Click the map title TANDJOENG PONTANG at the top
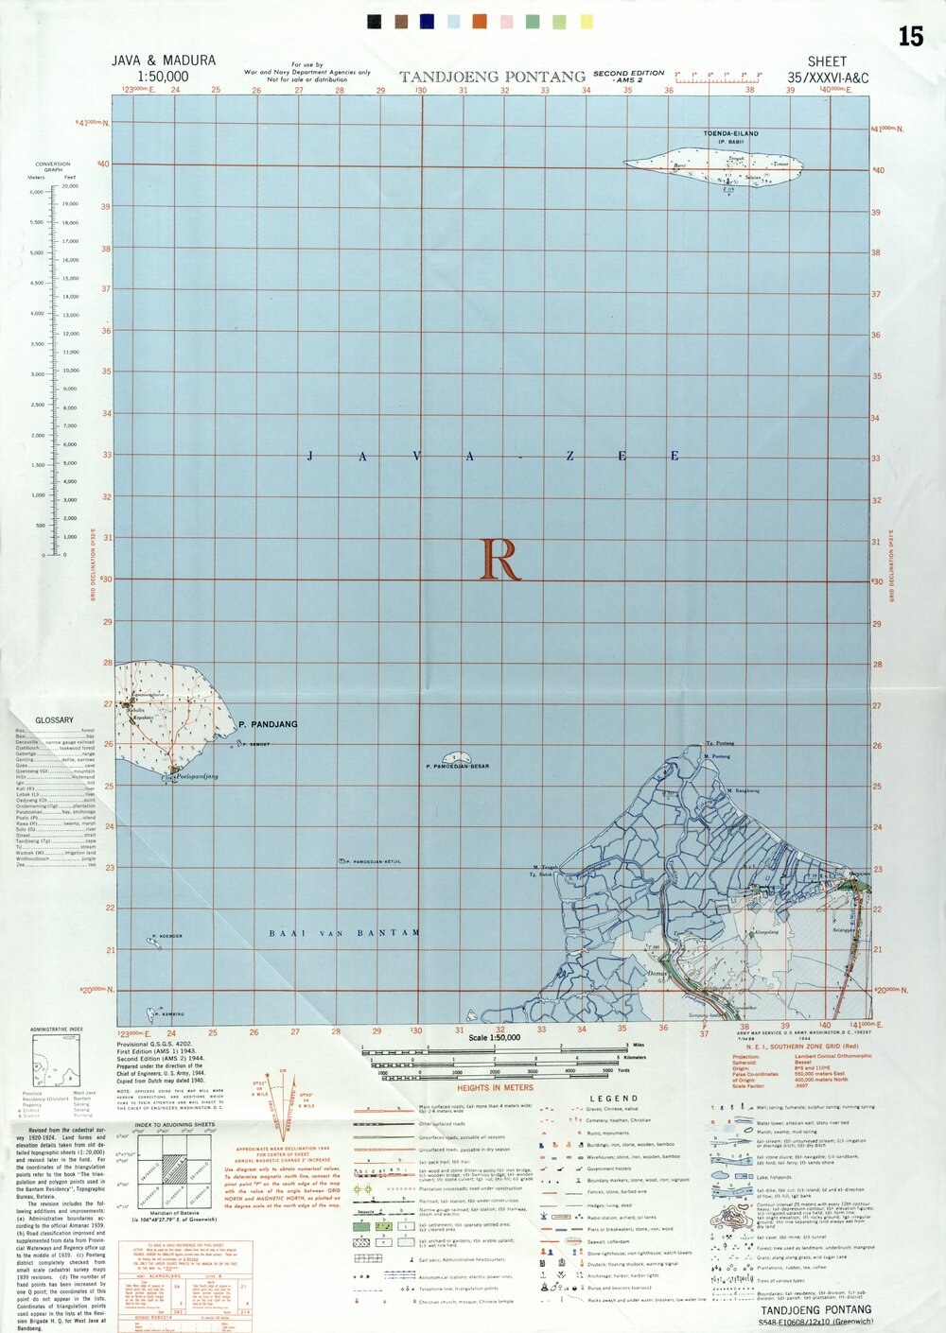click(x=492, y=77)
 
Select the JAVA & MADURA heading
click(x=164, y=61)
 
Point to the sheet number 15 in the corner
click(x=910, y=37)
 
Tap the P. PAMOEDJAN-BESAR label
click(x=458, y=766)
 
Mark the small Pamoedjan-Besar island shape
click(x=459, y=756)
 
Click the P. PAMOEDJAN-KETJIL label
click(x=373, y=862)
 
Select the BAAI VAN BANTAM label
click(x=344, y=933)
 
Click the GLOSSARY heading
click(x=54, y=720)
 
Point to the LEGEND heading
click(x=613, y=1099)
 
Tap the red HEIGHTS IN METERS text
click(x=495, y=1088)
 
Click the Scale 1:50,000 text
click(x=495, y=1038)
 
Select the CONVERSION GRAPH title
click(x=53, y=166)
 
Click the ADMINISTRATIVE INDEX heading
click(x=57, y=1029)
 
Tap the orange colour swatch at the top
click(x=480, y=21)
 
